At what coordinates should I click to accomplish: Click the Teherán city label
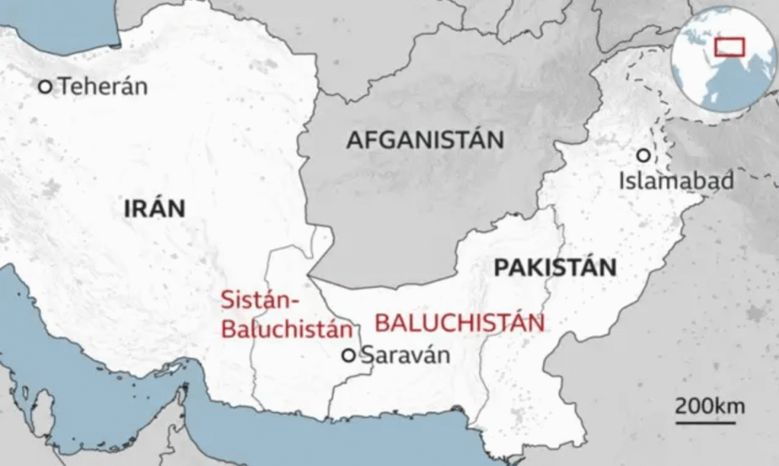tap(103, 86)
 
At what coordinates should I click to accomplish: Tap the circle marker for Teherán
tap(46, 88)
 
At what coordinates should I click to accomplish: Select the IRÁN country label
tap(154, 208)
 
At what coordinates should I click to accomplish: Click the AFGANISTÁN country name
tap(425, 140)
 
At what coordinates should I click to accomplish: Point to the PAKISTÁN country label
tap(555, 267)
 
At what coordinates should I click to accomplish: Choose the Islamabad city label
tap(676, 181)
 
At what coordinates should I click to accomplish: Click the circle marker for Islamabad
tap(644, 155)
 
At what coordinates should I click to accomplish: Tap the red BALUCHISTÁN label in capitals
tap(459, 323)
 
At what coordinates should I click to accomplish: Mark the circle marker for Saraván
tap(348, 355)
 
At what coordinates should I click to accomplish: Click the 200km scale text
tap(711, 404)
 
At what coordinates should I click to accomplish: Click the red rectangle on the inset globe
tap(729, 46)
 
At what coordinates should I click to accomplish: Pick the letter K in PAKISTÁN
tap(532, 267)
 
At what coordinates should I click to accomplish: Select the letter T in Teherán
tap(65, 87)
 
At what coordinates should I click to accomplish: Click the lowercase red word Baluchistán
tap(288, 330)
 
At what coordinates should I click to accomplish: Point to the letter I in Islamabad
tap(623, 181)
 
